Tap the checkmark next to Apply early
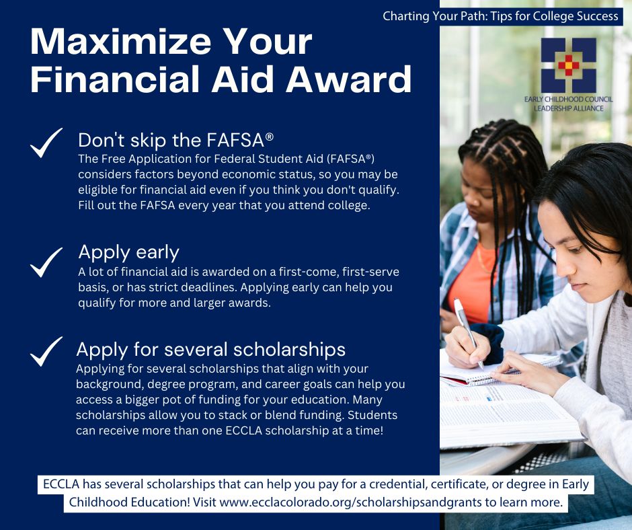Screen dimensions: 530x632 tap(46, 262)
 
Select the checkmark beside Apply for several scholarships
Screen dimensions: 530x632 tap(46, 352)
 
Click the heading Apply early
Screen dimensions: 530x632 tap(128, 252)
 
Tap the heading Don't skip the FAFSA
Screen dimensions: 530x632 tap(175, 140)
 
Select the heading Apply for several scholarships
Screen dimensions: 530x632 tap(210, 349)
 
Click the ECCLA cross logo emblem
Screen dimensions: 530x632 tap(568, 65)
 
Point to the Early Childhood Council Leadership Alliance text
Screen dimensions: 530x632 tap(568, 104)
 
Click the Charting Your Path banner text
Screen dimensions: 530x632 tap(500, 15)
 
